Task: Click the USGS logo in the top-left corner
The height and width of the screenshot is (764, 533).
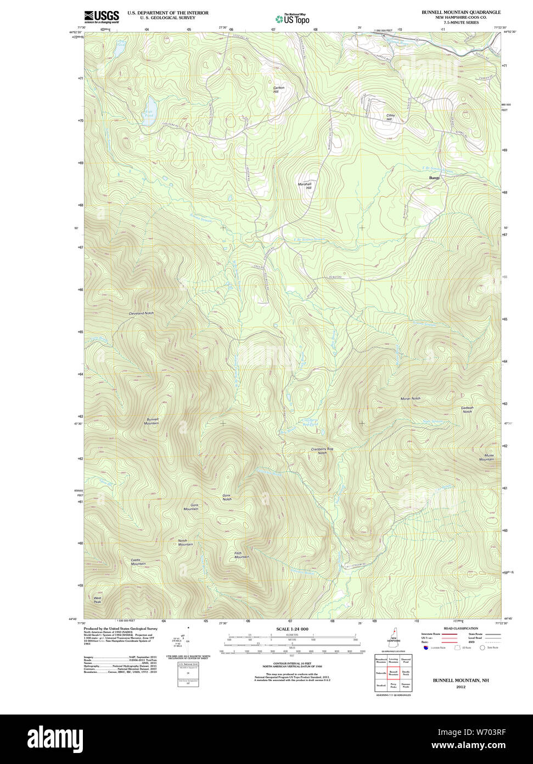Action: click(102, 16)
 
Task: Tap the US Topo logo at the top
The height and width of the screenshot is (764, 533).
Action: click(293, 19)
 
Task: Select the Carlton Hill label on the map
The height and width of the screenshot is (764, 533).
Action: click(279, 89)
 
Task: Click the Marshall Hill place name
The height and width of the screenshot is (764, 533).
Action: click(305, 186)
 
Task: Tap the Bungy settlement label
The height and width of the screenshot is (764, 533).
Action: click(435, 178)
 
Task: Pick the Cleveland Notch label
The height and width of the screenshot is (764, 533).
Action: click(141, 313)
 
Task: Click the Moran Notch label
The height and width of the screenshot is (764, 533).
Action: click(410, 398)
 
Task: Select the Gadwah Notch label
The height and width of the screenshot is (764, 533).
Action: click(467, 409)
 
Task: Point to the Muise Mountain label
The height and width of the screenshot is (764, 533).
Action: click(486, 457)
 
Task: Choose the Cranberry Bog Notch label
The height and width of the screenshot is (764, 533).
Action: click(322, 451)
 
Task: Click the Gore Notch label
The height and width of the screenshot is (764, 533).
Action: click(227, 497)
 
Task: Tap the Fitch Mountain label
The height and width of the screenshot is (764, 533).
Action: click(242, 555)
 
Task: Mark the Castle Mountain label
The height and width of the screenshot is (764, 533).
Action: click(138, 562)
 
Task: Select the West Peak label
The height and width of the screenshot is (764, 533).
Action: click(97, 600)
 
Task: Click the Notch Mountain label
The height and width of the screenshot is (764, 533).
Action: click(185, 542)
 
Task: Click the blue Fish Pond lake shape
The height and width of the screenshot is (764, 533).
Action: click(150, 107)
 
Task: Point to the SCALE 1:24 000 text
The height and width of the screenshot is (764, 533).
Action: click(292, 629)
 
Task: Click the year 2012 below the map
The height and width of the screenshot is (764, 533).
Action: click(460, 687)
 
